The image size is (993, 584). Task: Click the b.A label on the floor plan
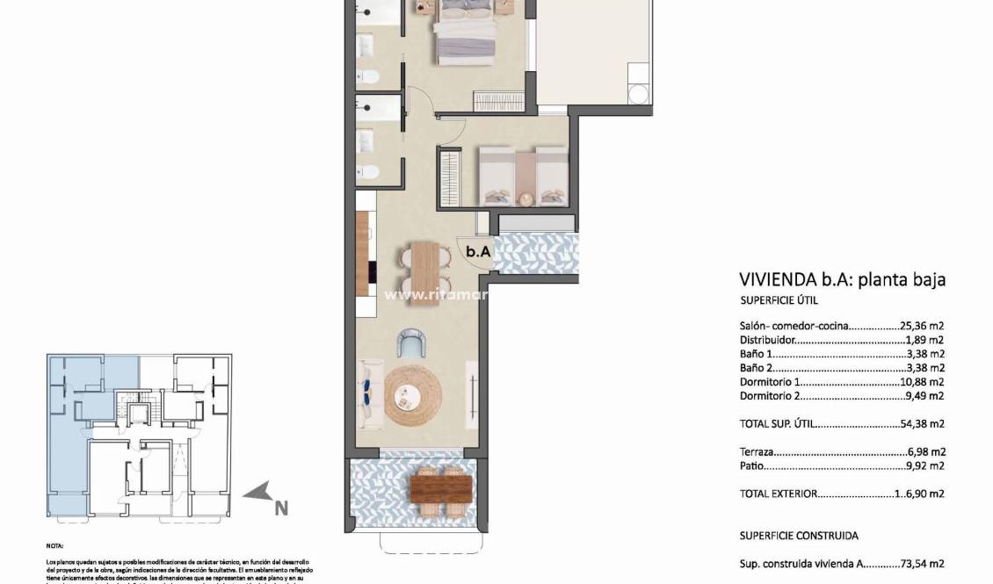pos(479,251)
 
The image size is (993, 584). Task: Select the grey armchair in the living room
pos(410,342)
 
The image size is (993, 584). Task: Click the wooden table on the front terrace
pos(440,489)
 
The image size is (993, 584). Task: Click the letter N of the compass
pos(280,507)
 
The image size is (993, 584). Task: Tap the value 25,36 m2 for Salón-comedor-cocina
pos(922,326)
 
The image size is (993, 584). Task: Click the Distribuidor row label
pos(768,340)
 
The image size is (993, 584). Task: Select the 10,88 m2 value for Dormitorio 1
pos(922,382)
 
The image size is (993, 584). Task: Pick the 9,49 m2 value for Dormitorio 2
pos(924,396)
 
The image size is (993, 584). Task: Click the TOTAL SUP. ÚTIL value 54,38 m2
pos(922,423)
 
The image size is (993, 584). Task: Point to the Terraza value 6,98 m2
pos(924,451)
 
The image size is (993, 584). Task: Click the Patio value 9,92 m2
pos(924,465)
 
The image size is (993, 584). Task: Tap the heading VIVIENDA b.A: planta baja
pos(842,280)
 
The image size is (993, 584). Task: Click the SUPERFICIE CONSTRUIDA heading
pos(799,536)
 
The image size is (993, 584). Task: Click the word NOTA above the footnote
pos(54,545)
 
